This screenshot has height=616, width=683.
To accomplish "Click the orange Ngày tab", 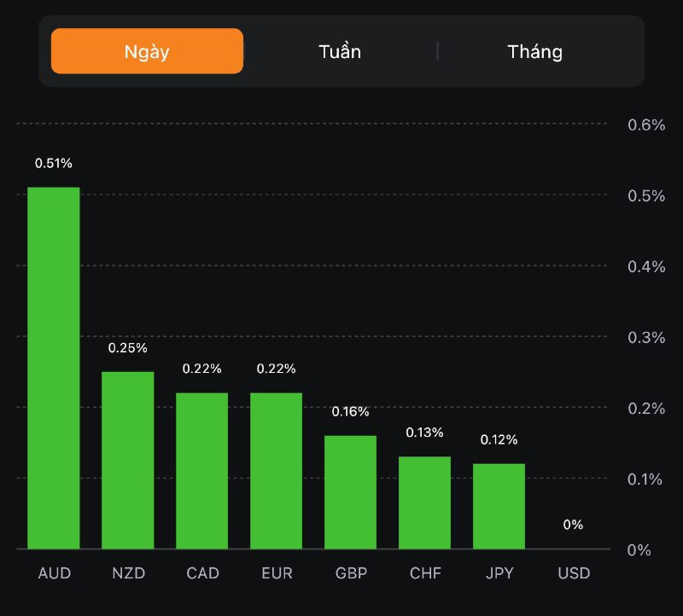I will point(147,51).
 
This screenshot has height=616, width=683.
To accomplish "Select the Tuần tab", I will point(340,51).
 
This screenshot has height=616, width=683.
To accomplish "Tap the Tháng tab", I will point(535,51).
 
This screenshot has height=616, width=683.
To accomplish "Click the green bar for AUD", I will point(54,367).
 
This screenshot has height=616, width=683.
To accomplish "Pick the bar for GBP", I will point(350,491).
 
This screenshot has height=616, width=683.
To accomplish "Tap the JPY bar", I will point(499,505).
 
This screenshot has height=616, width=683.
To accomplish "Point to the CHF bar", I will point(424,502).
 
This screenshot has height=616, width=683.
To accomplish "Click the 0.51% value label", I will point(53,163).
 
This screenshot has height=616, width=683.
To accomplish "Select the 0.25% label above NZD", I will point(127,348).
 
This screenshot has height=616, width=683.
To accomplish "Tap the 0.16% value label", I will point(350,412).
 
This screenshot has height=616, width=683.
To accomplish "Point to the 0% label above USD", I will point(573,525).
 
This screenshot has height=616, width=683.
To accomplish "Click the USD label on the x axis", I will point(573,573).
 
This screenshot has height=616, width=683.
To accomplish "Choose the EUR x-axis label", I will point(276,573).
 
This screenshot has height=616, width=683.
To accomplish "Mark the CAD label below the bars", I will point(202,573).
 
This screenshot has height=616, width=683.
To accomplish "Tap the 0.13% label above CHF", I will point(424,433).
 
